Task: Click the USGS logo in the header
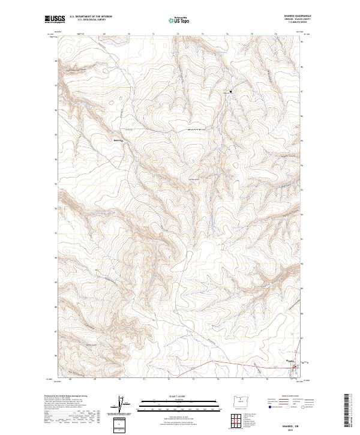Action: click(x=55, y=19)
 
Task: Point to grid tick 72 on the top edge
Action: click(x=178, y=34)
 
